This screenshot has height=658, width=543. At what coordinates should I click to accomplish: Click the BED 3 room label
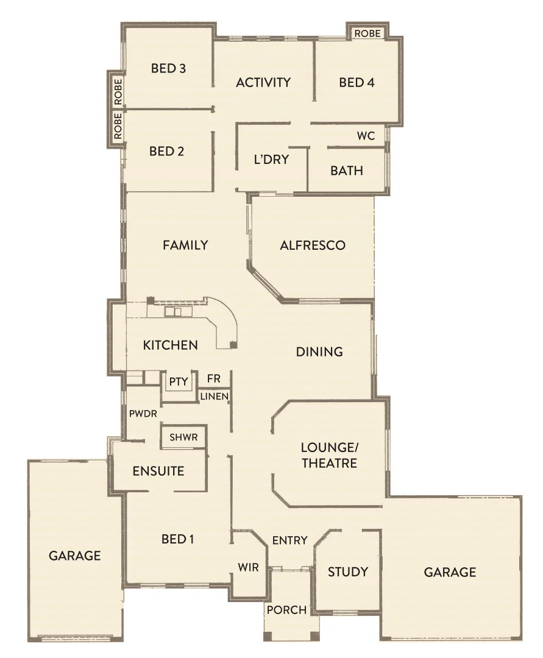168,68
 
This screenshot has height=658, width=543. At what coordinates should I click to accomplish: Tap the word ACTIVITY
263,82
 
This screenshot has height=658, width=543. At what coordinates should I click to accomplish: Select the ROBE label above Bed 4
367,33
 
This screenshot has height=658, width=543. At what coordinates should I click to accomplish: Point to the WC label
366,135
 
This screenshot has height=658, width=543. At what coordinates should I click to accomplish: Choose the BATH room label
347,171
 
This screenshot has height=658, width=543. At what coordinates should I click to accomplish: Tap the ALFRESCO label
313,246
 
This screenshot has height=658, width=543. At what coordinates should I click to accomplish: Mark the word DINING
319,352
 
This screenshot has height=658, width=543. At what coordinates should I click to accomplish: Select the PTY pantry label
179,382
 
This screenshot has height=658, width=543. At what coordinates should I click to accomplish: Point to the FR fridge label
213,378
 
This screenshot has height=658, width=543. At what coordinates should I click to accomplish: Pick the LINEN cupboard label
215,397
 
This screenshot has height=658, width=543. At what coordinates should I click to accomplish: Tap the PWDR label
143,413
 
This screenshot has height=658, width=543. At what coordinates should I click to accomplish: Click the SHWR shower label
183,437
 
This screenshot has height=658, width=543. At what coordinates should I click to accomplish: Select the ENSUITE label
158,471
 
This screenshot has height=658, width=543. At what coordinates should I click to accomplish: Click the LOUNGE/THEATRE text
329,455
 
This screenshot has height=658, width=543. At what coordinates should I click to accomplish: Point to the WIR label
248,567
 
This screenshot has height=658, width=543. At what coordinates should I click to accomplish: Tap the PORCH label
286,610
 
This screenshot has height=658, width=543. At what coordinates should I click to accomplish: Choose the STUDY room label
348,571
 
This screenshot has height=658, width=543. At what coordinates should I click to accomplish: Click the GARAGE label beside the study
450,572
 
